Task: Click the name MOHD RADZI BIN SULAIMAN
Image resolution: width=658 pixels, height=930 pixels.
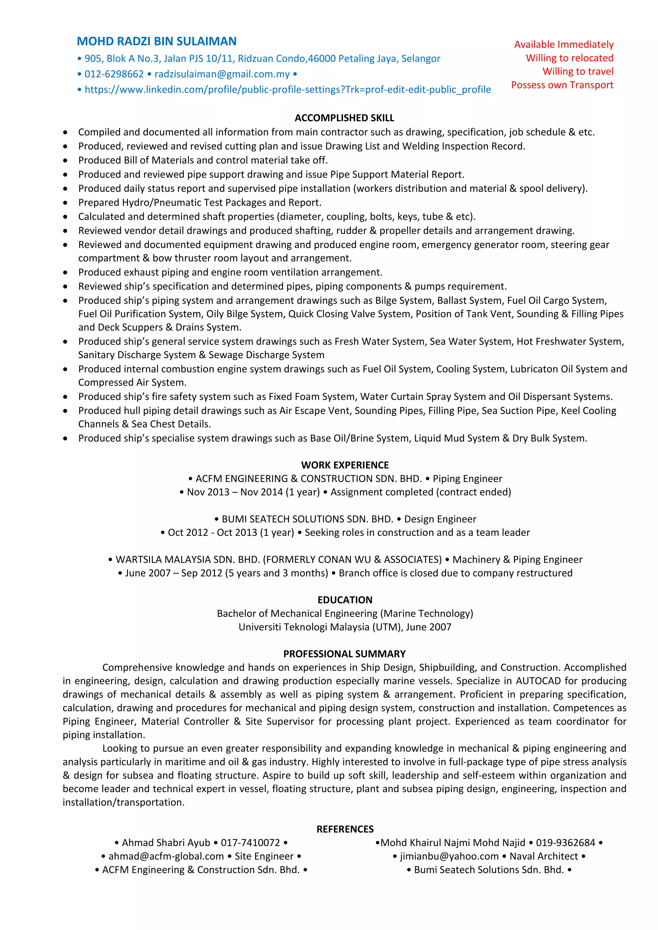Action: pyautogui.click(x=156, y=41)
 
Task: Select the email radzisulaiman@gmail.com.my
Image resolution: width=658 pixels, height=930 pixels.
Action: pyautogui.click(x=222, y=74)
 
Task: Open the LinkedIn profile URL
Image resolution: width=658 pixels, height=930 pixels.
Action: pyautogui.click(x=287, y=90)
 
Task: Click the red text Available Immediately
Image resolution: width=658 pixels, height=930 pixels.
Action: pyautogui.click(x=564, y=45)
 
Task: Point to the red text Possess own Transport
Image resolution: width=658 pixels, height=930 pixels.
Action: pyautogui.click(x=562, y=85)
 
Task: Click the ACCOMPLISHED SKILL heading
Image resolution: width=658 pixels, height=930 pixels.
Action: pyautogui.click(x=344, y=118)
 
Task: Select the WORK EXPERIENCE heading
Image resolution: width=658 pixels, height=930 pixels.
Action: pyautogui.click(x=345, y=465)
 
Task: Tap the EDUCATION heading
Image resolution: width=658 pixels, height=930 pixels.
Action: pyautogui.click(x=345, y=600)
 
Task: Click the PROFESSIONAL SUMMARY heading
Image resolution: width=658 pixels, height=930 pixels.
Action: pyautogui.click(x=344, y=654)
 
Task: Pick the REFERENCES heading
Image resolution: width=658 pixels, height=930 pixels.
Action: pyautogui.click(x=345, y=829)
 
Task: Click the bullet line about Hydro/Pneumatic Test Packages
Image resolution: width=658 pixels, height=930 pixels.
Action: pyautogui.click(x=200, y=203)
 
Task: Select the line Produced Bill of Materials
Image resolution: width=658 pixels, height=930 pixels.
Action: pyautogui.click(x=203, y=160)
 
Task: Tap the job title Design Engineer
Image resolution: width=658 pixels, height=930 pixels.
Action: pyautogui.click(x=440, y=519)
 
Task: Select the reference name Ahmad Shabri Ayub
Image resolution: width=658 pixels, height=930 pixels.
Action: pyautogui.click(x=166, y=843)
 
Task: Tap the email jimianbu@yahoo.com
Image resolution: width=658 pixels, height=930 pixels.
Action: pyautogui.click(x=449, y=856)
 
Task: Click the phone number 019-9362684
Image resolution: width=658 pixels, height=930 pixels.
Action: pyautogui.click(x=565, y=843)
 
